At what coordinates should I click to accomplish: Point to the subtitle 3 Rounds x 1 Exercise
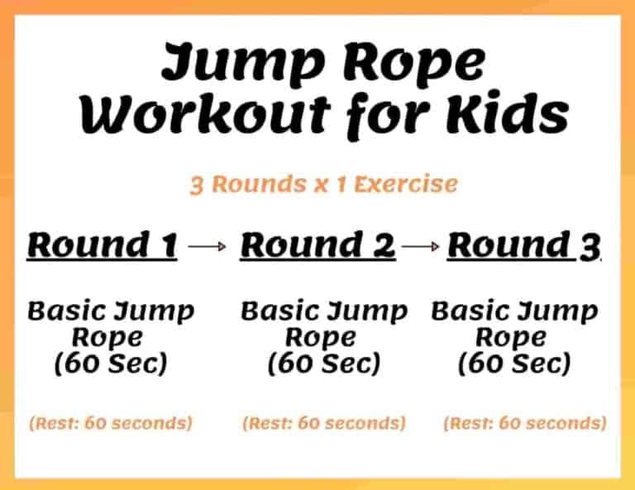click(x=323, y=183)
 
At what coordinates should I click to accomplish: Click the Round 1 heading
click(x=103, y=245)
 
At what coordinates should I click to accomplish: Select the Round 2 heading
click(x=317, y=245)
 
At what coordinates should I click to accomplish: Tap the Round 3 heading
click(x=523, y=245)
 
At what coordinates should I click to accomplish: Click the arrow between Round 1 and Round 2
click(x=207, y=246)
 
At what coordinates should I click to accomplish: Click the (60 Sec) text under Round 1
click(x=110, y=364)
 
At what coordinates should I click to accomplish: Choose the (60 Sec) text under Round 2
click(x=323, y=364)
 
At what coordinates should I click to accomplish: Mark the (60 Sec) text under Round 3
click(x=514, y=364)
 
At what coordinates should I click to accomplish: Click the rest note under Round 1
click(x=111, y=424)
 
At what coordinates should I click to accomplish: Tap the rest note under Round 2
click(x=324, y=424)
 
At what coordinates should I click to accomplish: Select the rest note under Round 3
click(x=524, y=424)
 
